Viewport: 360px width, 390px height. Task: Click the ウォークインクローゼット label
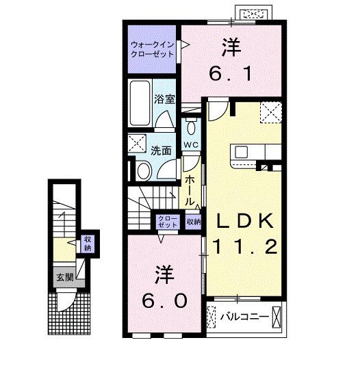point(152,50)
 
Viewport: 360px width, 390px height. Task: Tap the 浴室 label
point(164,99)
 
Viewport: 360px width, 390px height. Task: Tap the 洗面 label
point(162,151)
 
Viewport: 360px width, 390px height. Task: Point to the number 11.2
point(246,247)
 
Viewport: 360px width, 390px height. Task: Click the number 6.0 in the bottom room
point(164,301)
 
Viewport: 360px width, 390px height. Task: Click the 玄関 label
point(66,278)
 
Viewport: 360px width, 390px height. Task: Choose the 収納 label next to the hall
point(194,222)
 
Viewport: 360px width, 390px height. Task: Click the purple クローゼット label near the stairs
point(167,221)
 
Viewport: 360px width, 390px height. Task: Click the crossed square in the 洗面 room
point(136,144)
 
